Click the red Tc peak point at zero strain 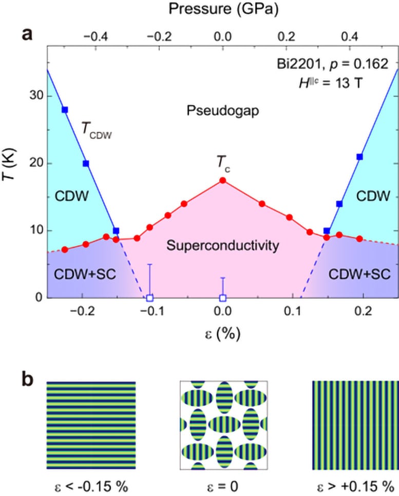(222, 180)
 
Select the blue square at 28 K (65, 110)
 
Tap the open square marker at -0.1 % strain (149, 298)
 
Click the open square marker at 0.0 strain (223, 298)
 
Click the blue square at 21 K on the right (359, 157)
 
